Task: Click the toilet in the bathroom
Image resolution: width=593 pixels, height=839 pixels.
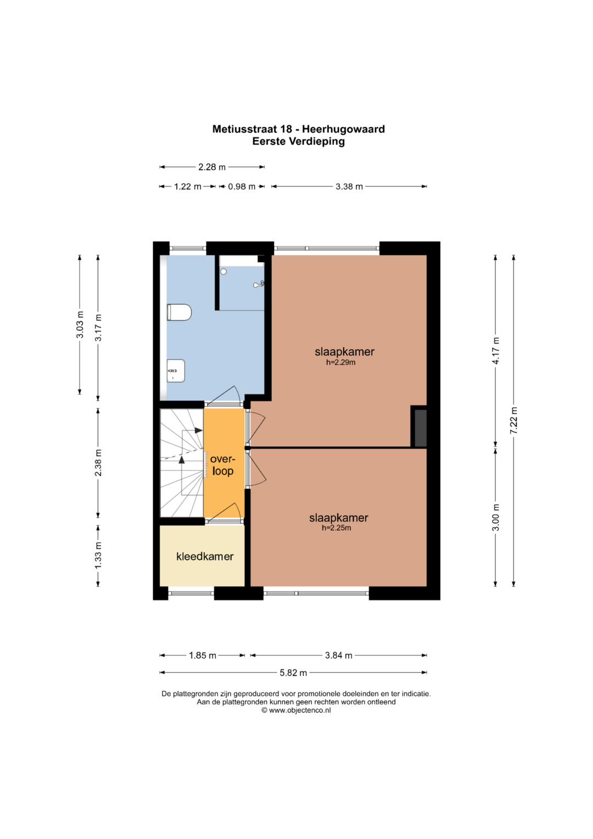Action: coord(179,313)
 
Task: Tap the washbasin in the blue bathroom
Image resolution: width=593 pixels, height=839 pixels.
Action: coord(176,371)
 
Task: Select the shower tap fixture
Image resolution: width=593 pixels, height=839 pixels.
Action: coord(259,284)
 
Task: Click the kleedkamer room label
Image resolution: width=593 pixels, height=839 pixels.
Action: coord(205,557)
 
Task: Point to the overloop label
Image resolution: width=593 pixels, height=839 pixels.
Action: coord(223,465)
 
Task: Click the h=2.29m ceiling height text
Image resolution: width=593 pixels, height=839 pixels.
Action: coord(340,362)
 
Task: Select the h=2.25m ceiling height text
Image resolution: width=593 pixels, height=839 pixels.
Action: coord(337,528)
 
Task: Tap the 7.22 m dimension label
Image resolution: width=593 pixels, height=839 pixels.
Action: coord(513,420)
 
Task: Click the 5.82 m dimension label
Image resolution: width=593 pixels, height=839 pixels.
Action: coord(294,673)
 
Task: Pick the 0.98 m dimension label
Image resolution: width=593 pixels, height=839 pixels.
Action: coord(242,186)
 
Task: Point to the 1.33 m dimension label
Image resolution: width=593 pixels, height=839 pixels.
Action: coord(98,555)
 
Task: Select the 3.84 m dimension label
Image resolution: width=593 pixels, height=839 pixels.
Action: coord(339,655)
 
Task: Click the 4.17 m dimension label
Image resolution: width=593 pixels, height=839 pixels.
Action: coord(496,351)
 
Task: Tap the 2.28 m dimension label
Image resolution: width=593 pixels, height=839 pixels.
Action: coord(212,167)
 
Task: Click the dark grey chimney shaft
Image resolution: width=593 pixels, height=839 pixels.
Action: coord(421,428)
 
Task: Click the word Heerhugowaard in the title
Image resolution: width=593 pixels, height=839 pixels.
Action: coord(343,129)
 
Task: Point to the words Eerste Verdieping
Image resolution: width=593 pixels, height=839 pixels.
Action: coord(298,142)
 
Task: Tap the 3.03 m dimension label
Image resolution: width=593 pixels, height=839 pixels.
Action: coord(80,325)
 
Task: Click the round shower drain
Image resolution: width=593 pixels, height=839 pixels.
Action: coord(223,271)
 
